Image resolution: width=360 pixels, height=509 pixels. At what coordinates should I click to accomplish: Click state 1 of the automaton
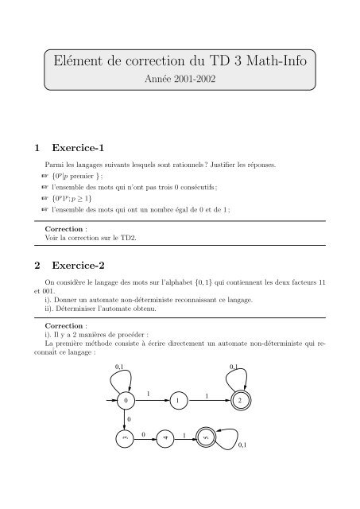(x=182, y=400)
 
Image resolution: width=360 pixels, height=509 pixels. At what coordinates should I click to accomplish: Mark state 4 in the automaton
(x=165, y=438)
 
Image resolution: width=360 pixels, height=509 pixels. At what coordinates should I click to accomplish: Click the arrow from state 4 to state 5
(x=184, y=438)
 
